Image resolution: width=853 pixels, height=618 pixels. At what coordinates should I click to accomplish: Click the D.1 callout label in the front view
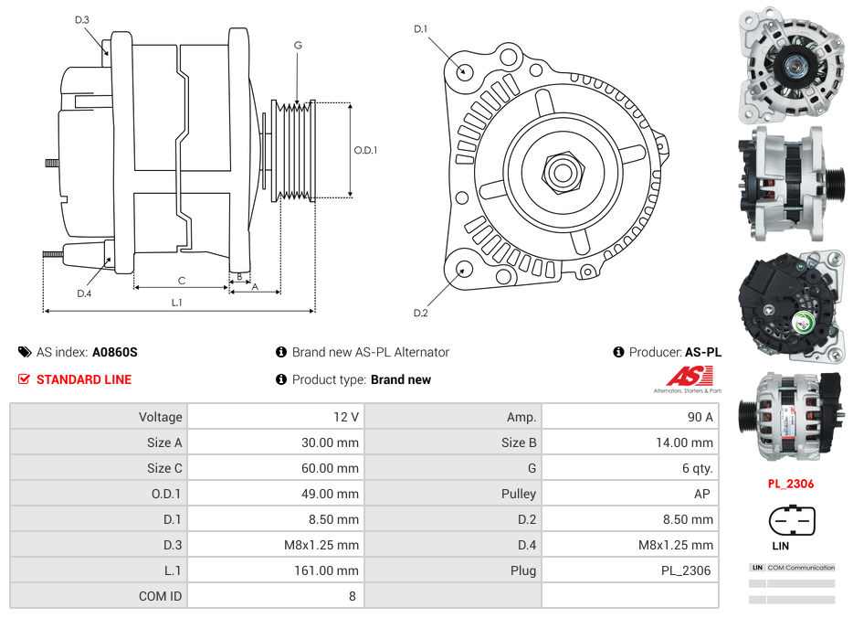click(x=420, y=29)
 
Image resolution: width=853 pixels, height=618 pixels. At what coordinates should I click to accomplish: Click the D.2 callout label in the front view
click(x=420, y=314)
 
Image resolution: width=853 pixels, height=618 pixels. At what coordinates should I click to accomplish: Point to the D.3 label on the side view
click(x=82, y=20)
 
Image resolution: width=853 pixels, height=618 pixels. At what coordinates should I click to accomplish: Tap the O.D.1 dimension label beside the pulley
click(x=365, y=151)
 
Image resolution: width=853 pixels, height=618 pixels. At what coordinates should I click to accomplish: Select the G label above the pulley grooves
click(x=298, y=45)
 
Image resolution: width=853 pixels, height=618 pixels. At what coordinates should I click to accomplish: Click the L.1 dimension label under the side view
click(x=177, y=303)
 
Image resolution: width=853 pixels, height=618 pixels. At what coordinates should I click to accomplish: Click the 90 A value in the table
click(x=700, y=417)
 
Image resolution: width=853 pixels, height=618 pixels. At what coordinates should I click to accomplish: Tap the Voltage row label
click(x=160, y=417)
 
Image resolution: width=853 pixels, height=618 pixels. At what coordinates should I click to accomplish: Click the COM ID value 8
click(x=352, y=596)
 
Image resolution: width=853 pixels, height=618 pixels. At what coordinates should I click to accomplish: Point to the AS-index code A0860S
click(x=114, y=352)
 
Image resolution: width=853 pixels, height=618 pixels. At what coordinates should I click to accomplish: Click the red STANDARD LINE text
click(x=84, y=379)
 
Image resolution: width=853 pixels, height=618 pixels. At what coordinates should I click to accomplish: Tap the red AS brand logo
click(x=688, y=376)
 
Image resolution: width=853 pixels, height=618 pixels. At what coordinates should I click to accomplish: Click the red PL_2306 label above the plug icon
click(x=790, y=484)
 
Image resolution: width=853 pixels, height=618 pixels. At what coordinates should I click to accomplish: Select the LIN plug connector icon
click(x=789, y=521)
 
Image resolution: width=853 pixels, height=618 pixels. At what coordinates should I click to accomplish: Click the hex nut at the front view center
click(x=561, y=171)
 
